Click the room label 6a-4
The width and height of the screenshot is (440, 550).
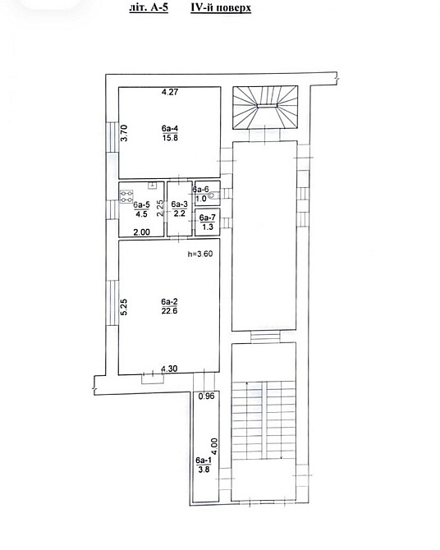[170, 128]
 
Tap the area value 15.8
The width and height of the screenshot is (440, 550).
[170, 138]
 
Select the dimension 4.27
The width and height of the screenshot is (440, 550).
[170, 92]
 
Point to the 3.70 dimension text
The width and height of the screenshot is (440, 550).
[124, 133]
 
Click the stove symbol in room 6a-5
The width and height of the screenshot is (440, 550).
[126, 196]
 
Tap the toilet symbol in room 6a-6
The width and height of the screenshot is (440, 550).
[213, 195]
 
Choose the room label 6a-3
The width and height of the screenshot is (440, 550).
[180, 204]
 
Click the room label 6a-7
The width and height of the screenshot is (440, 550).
[208, 218]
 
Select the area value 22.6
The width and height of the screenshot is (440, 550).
[169, 311]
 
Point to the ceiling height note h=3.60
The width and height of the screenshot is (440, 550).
[200, 254]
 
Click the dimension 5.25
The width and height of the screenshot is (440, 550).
[124, 307]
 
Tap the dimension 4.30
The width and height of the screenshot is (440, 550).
[169, 369]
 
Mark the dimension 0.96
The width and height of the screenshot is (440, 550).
[206, 396]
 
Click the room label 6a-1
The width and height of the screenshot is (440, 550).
[204, 461]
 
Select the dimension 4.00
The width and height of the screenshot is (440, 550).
[214, 447]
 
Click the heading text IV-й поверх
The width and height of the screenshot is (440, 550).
[221, 7]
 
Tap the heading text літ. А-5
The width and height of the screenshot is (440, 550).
[149, 7]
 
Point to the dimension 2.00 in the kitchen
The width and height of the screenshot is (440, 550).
[142, 231]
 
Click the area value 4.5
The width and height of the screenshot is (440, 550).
[141, 214]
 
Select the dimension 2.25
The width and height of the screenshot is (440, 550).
[159, 208]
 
